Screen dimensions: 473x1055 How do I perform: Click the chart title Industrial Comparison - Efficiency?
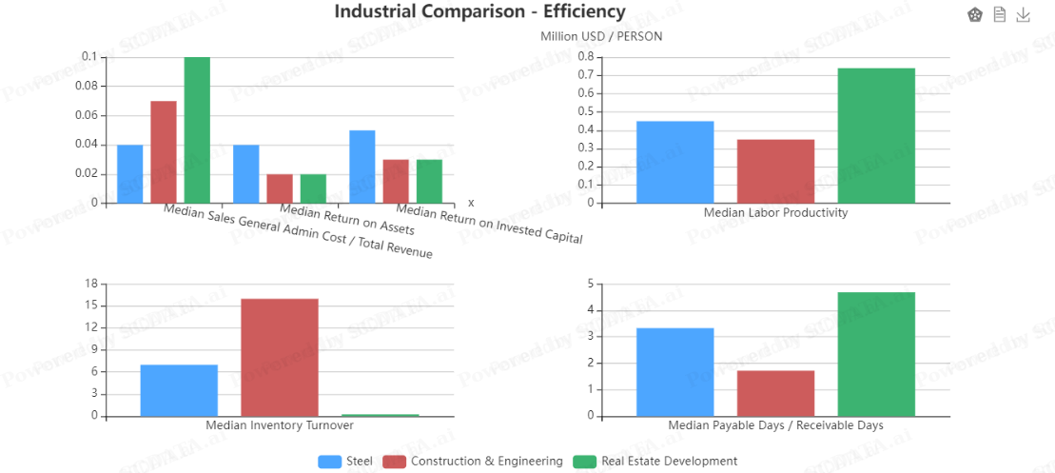pos(479,11)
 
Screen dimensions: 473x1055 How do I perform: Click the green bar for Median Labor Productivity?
pos(876,135)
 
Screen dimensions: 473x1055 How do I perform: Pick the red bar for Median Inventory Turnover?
pos(280,357)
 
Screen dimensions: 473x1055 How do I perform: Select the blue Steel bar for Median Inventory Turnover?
pos(179,390)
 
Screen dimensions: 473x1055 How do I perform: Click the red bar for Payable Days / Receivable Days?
pos(775,393)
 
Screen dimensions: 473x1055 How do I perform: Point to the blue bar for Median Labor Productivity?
pos(674,162)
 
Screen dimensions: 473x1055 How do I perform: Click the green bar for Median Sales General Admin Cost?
pos(197,129)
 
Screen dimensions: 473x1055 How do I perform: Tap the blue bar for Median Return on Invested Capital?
pos(362,167)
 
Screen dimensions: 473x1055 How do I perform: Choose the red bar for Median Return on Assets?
pos(280,188)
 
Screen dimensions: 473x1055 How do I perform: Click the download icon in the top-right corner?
pos(1024,14)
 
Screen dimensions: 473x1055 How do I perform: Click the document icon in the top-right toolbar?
pos(999,14)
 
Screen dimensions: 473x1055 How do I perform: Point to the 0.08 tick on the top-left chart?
pos(85,87)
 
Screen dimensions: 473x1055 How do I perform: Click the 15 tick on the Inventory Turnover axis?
pos(91,305)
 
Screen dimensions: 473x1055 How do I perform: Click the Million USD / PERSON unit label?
pos(601,36)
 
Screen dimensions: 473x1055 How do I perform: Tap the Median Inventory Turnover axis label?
pos(280,425)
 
